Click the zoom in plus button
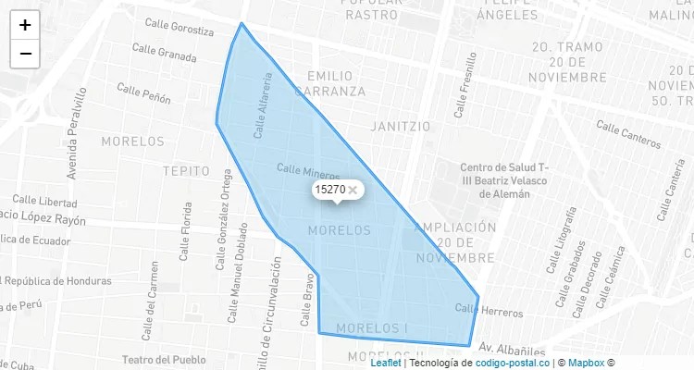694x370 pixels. (x=25, y=25)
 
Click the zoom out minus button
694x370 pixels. (x=25, y=54)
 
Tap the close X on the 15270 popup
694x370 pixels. (x=353, y=190)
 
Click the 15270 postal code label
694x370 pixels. (x=329, y=190)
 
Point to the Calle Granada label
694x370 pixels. (x=164, y=53)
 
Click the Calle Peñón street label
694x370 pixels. (x=143, y=92)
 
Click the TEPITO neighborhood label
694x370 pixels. (x=186, y=171)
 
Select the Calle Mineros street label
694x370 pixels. (x=308, y=172)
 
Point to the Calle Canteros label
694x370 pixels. (x=628, y=134)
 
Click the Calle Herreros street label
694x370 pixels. (x=489, y=310)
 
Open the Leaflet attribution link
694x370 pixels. (x=385, y=363)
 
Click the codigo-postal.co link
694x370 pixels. (x=513, y=363)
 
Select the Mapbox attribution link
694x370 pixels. (x=586, y=363)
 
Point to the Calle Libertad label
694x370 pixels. (x=44, y=202)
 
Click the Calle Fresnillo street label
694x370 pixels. (x=465, y=85)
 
